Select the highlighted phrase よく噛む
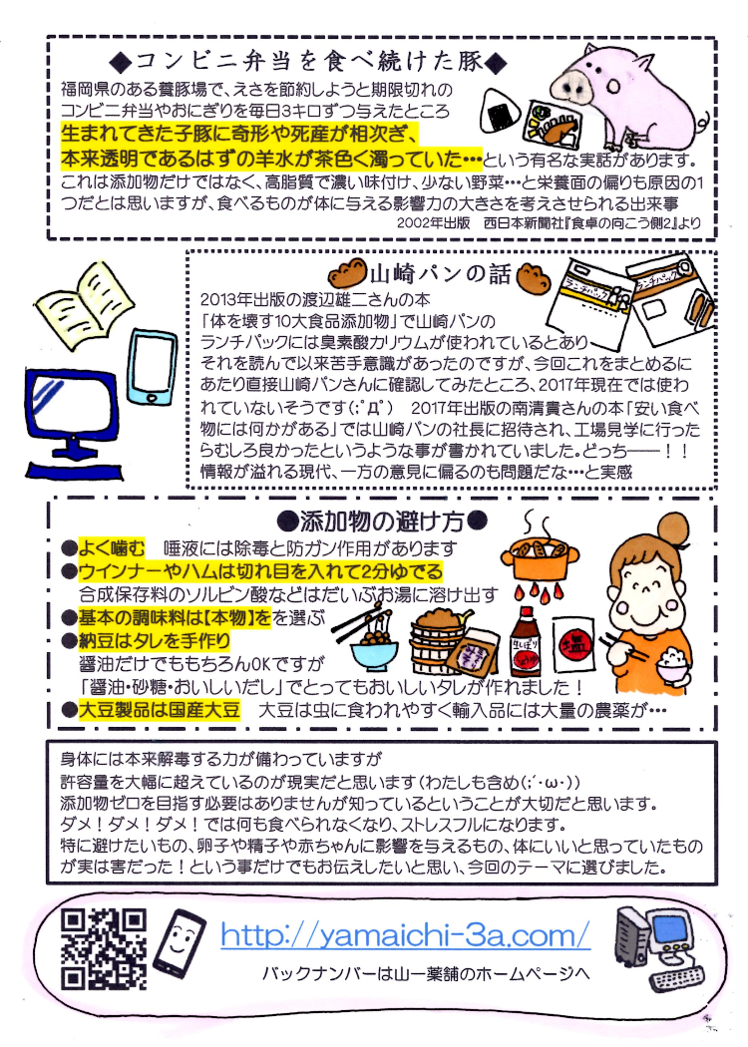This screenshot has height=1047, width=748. [x=113, y=547]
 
